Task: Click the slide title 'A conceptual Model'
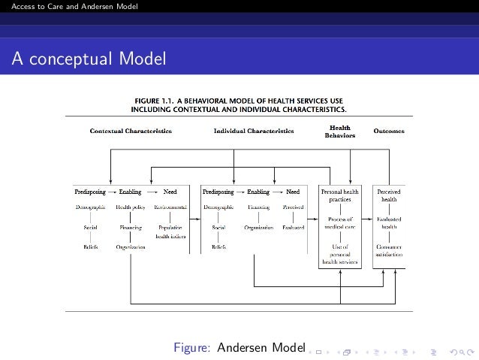point(88,59)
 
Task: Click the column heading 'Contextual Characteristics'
point(131,131)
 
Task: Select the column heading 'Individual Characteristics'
point(254,131)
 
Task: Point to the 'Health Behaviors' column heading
point(339,132)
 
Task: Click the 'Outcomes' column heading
point(389,131)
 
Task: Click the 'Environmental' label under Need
point(170,206)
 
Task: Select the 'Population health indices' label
point(170,230)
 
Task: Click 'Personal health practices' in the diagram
point(339,195)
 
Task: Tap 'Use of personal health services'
point(339,254)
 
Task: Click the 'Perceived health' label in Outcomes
point(389,195)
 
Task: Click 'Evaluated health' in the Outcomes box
point(389,222)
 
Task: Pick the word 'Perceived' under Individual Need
point(293,206)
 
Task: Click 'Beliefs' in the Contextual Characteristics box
point(90,246)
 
